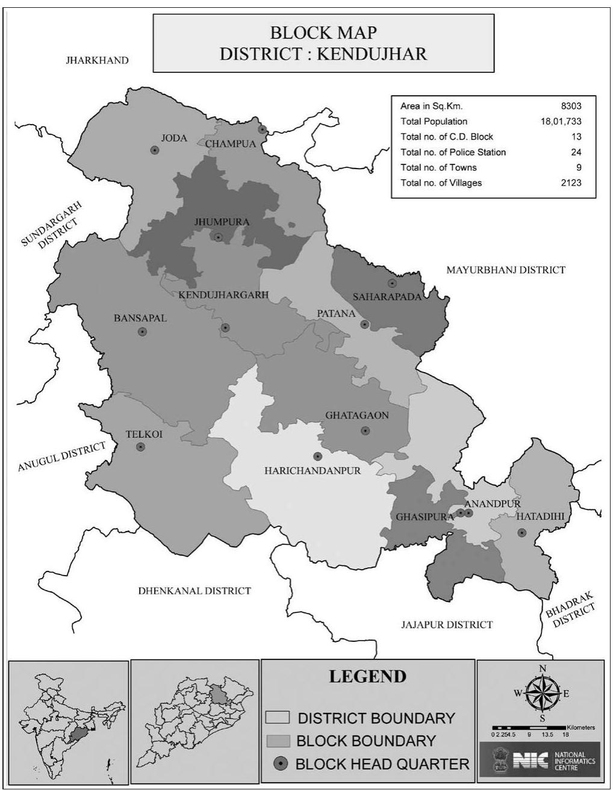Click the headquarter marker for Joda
click(155, 151)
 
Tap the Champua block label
click(231, 144)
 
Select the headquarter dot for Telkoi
click(140, 447)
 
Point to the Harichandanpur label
click(313, 470)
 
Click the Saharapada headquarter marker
click(392, 283)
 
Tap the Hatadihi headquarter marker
click(522, 532)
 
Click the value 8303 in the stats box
click(571, 106)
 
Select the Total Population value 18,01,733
click(561, 122)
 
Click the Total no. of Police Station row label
click(453, 152)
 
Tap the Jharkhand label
click(97, 60)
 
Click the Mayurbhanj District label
click(505, 270)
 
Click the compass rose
click(542, 693)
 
